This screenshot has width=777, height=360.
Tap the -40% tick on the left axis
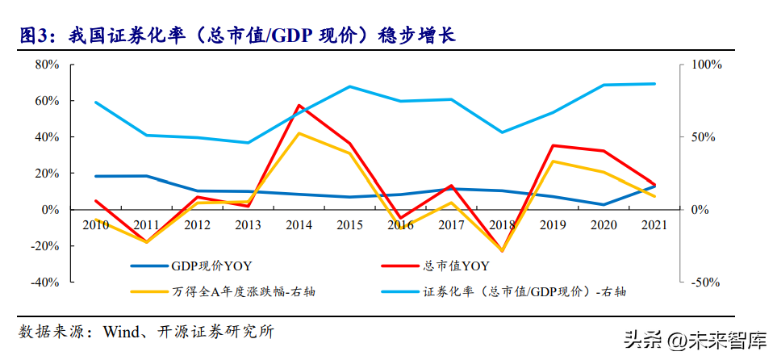tap(47, 283)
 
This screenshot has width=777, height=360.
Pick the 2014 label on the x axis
tap(299, 225)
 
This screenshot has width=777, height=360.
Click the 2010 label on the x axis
tap(96, 225)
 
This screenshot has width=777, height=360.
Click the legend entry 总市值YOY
tap(457, 266)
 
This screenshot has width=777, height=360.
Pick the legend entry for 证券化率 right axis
tap(524, 291)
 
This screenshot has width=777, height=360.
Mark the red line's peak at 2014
tap(299, 105)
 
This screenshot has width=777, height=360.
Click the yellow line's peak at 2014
tap(299, 133)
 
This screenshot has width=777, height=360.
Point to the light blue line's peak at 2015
tap(349, 86)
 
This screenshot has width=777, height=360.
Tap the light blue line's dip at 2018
tap(501, 132)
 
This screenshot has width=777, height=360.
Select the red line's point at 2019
tap(552, 145)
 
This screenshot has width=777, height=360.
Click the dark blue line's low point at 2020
tap(603, 204)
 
